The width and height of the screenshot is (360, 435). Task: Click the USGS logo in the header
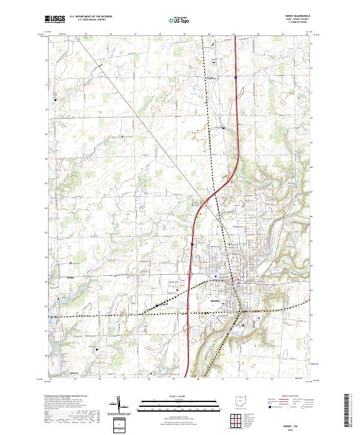[x=55, y=20]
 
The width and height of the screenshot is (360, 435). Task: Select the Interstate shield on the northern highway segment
[x=236, y=77]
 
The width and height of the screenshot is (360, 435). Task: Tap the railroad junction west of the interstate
[x=157, y=306]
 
